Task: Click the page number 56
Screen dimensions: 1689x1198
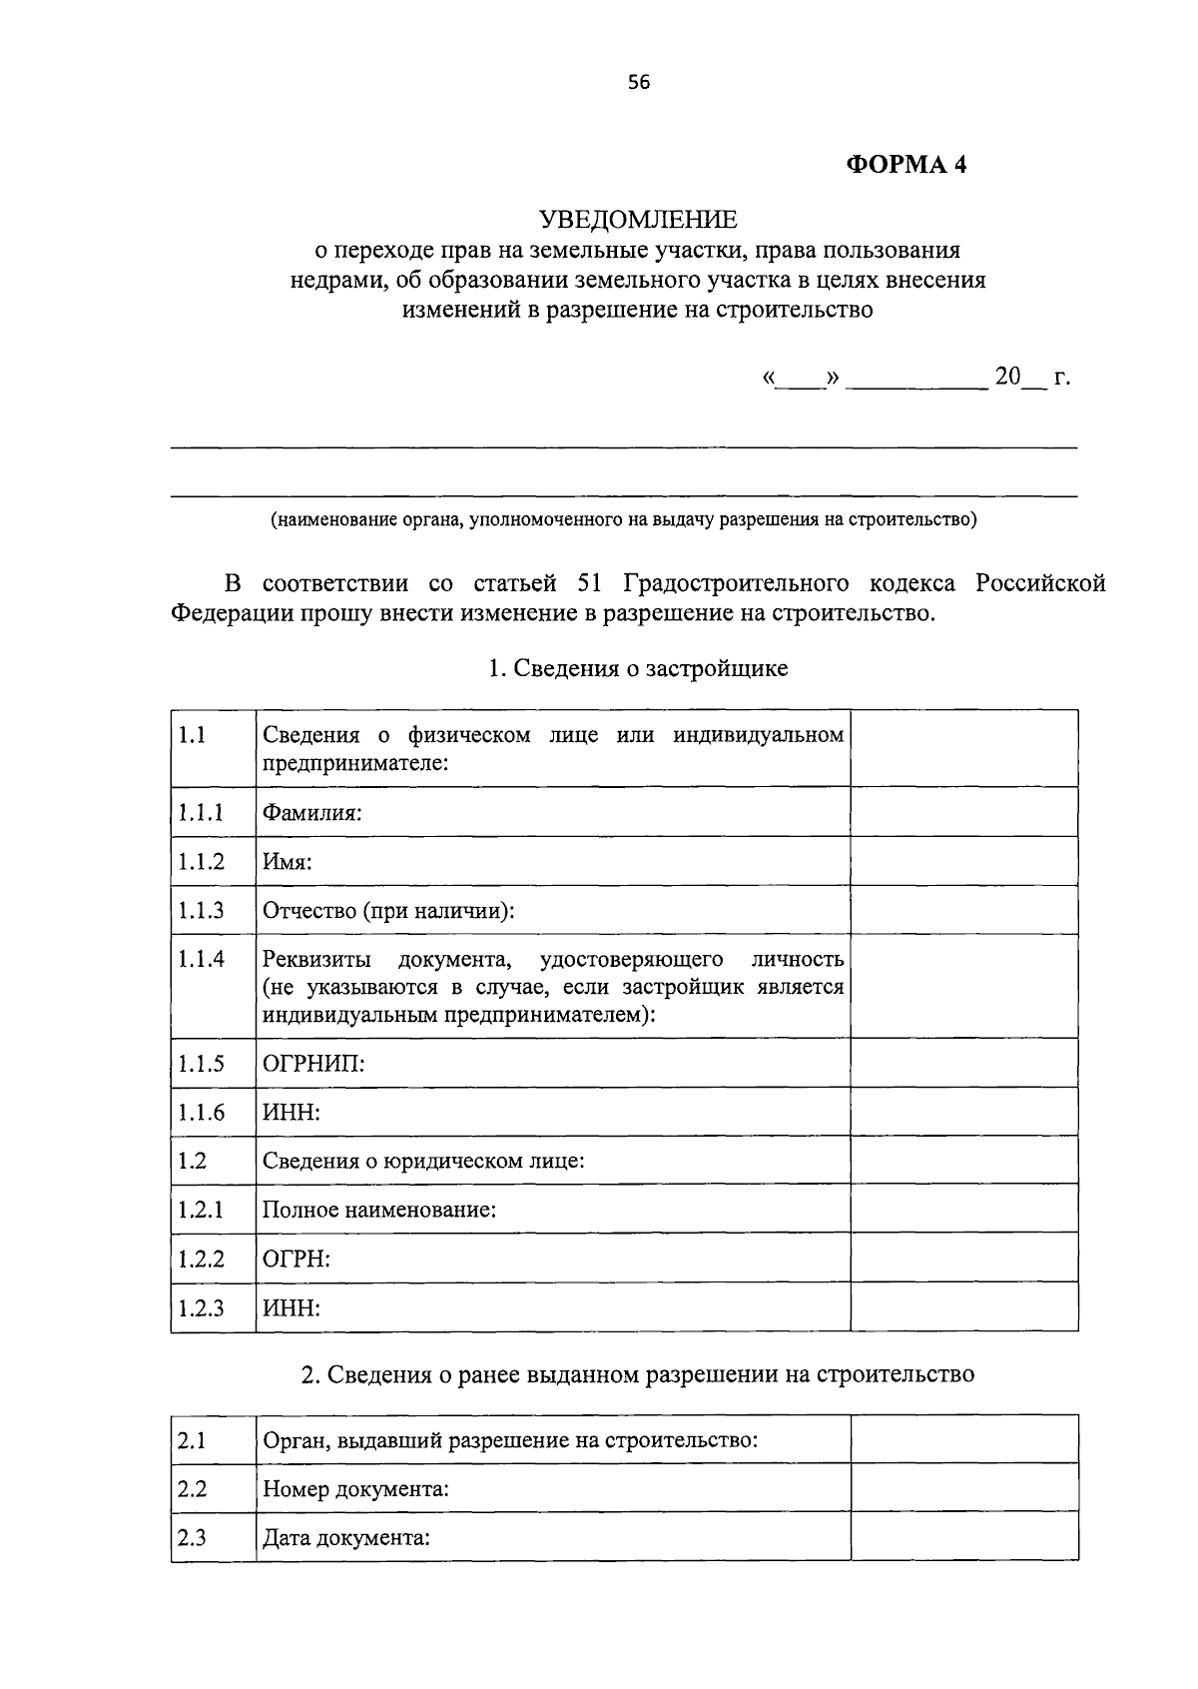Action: (639, 84)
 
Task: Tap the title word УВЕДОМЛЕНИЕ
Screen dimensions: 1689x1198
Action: (638, 219)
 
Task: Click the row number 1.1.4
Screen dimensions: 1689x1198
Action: (202, 960)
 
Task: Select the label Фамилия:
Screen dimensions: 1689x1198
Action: (311, 813)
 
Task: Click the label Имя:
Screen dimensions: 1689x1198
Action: (288, 862)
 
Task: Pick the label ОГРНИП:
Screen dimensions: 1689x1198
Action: (313, 1064)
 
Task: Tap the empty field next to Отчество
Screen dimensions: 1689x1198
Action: (963, 910)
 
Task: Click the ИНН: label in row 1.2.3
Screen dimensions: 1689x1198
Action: (292, 1308)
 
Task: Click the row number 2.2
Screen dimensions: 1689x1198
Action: (192, 1489)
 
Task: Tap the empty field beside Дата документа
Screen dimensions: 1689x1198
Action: (963, 1537)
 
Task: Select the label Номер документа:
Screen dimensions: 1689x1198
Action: (355, 1489)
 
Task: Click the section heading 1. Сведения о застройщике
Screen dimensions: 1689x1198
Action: (638, 669)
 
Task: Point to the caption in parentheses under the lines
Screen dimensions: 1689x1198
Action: (623, 520)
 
